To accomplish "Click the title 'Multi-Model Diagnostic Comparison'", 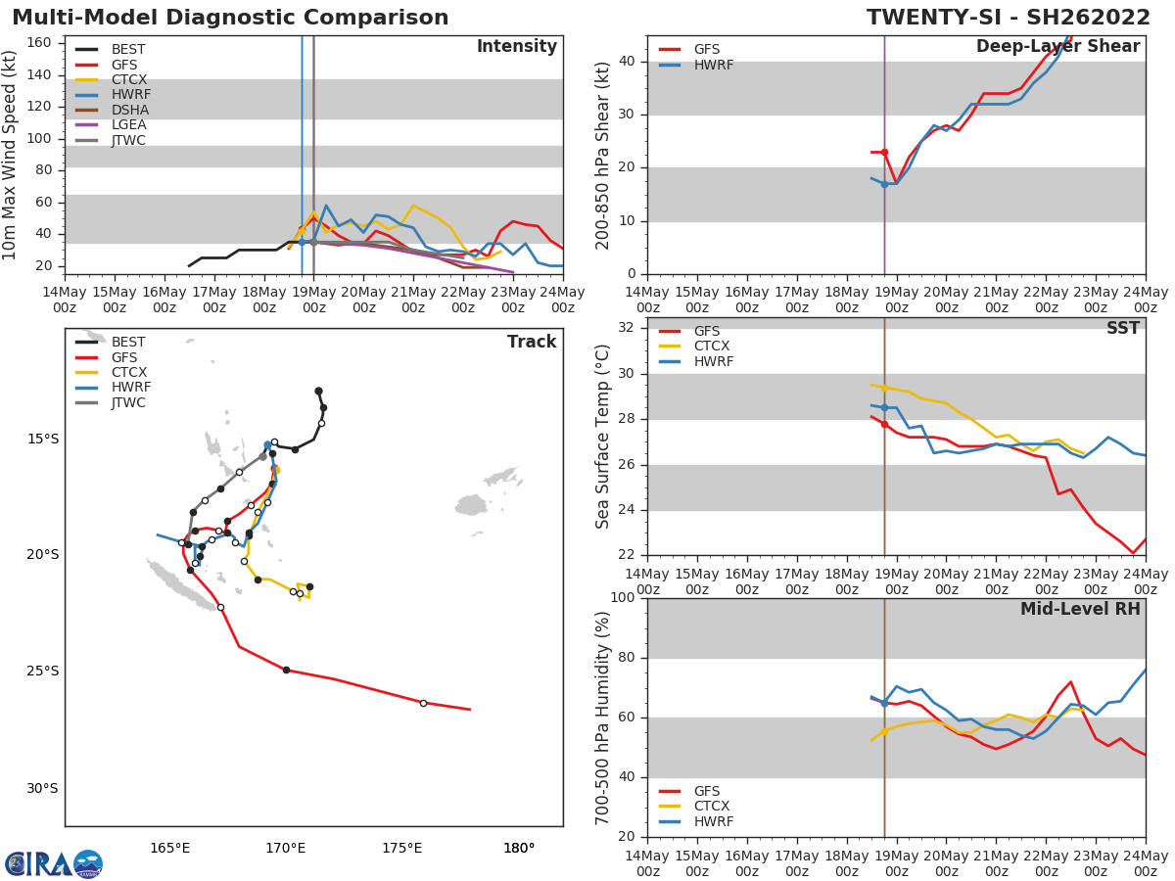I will tap(230, 18).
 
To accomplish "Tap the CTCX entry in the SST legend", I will tap(711, 347).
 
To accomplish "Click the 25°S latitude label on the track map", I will tap(42, 672).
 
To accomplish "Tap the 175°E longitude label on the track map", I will tap(401, 848).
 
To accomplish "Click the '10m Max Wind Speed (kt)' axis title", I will tap(11, 155).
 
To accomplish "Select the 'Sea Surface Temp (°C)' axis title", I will tap(603, 437).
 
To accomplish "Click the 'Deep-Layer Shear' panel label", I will tap(1057, 47).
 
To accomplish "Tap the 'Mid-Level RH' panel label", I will tap(1080, 609).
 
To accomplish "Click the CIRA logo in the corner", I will tap(54, 864).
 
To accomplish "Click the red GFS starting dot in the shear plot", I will tap(884, 152).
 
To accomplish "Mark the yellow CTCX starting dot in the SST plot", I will tap(884, 388).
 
